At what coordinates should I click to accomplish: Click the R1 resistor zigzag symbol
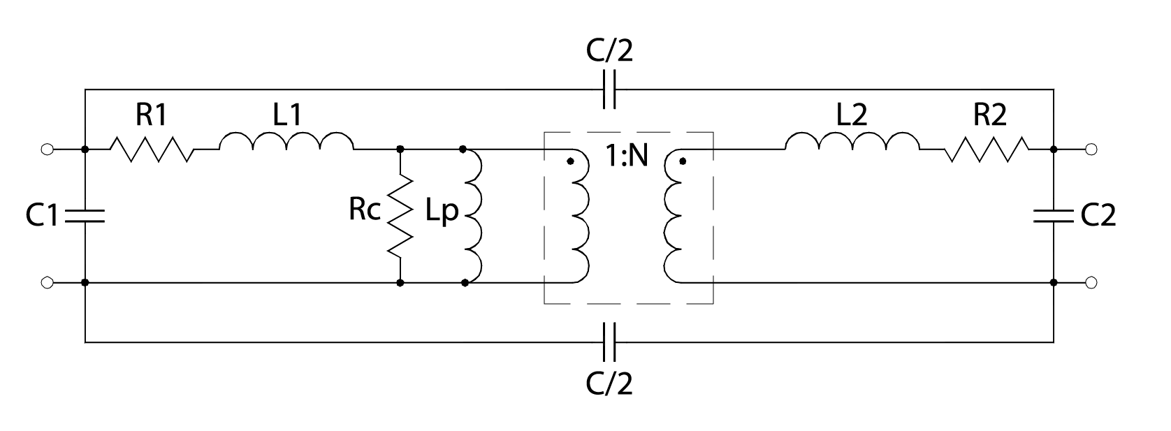(x=152, y=149)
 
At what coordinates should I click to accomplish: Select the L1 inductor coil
(x=286, y=142)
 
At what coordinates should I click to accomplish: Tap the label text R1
(x=151, y=116)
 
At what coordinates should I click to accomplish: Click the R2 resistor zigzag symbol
(x=987, y=149)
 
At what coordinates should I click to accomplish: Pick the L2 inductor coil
(x=852, y=142)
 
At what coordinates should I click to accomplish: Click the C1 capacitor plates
(x=85, y=216)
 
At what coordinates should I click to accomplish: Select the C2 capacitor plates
(x=1054, y=216)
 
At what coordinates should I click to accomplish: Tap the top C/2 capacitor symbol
(x=609, y=89)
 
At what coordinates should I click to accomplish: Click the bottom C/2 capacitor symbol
(x=609, y=342)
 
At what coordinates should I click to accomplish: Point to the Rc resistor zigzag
(x=400, y=216)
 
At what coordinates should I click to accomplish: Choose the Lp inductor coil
(x=473, y=216)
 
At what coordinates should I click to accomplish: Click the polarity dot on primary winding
(x=570, y=161)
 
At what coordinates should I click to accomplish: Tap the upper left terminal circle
(x=47, y=149)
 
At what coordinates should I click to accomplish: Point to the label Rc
(x=364, y=210)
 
